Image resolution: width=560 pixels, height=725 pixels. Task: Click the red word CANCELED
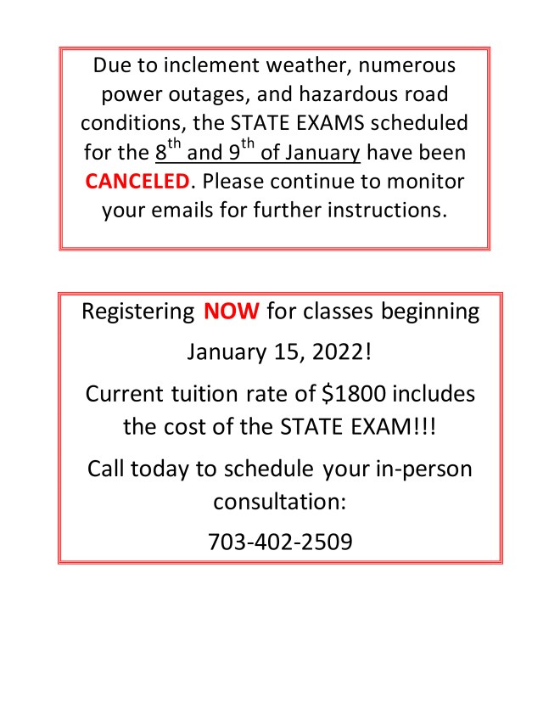(137, 182)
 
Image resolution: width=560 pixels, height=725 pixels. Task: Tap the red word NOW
(231, 312)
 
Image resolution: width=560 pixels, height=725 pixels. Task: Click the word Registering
(137, 312)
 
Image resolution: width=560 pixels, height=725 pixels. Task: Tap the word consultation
(280, 501)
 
